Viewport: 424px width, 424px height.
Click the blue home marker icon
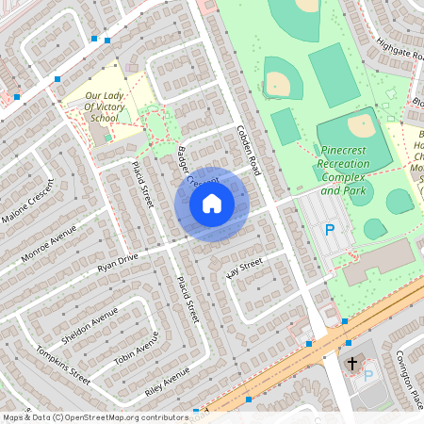click(x=212, y=204)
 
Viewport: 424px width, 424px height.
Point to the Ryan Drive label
click(x=118, y=263)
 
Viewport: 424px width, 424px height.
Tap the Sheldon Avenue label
click(x=89, y=326)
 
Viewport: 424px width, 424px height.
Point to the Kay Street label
click(x=242, y=270)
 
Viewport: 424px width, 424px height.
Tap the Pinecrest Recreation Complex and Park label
click(x=344, y=171)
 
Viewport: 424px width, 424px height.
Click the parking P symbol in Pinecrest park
click(x=330, y=229)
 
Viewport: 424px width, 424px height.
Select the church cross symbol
click(x=352, y=363)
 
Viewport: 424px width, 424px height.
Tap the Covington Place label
click(x=409, y=377)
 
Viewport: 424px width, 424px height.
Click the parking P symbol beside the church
click(x=368, y=375)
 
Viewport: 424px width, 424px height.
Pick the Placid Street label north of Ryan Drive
click(x=142, y=184)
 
